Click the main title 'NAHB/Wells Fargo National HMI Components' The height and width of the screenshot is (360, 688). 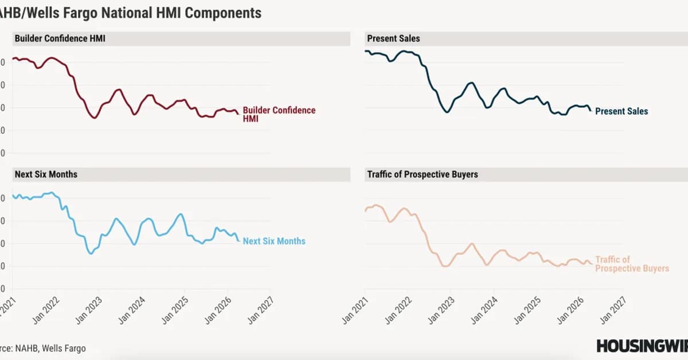tap(131, 13)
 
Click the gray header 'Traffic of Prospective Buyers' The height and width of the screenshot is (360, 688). tap(422, 174)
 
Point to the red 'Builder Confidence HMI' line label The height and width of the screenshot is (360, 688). tap(279, 114)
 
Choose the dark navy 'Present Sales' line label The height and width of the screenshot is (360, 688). tap(621, 111)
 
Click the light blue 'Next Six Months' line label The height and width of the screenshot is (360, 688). tap(274, 241)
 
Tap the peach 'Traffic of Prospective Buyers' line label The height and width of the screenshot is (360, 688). tap(631, 264)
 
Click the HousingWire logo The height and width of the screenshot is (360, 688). tap(641, 346)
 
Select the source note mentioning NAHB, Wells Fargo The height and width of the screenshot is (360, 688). tap(43, 348)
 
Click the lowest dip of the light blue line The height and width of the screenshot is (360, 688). tap(91, 253)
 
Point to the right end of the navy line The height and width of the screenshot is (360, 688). tap(591, 111)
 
